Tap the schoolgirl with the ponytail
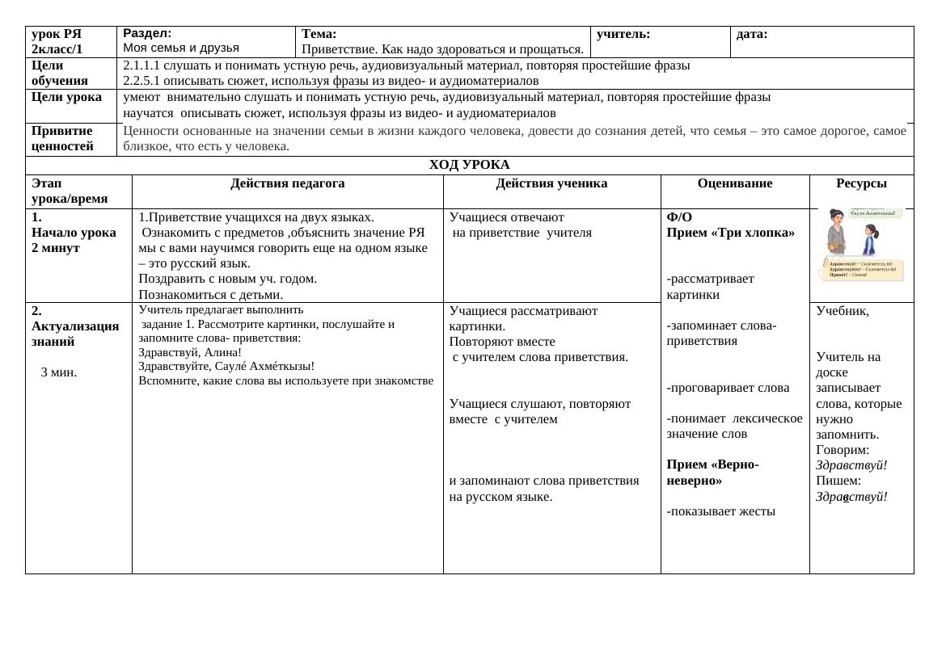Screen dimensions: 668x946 tap(871, 240)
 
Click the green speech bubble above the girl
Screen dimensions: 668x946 tap(875, 212)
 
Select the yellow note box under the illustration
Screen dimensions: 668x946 tap(864, 270)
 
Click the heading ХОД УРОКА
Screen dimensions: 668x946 tap(469, 165)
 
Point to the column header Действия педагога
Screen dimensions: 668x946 tap(287, 183)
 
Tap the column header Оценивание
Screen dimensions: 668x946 tap(734, 183)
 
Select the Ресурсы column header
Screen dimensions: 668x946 tap(861, 183)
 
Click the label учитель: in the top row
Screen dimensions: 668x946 tap(623, 34)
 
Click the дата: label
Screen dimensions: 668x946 tap(752, 34)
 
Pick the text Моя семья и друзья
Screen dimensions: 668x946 tap(181, 48)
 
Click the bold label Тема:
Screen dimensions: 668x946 tap(319, 34)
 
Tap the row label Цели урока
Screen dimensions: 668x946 tap(67, 97)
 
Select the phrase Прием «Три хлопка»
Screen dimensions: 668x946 tap(730, 233)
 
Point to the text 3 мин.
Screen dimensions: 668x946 tap(59, 372)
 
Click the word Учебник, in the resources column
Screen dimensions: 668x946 tap(843, 311)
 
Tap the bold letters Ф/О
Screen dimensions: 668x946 tap(679, 217)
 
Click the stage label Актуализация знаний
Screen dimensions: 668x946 tap(75, 334)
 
